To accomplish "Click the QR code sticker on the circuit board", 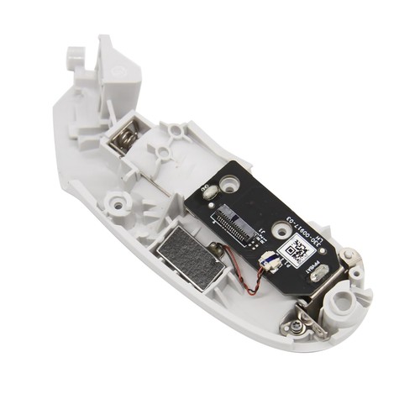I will coord(296,249).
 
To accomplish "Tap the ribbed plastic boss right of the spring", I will coord(175,134).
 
